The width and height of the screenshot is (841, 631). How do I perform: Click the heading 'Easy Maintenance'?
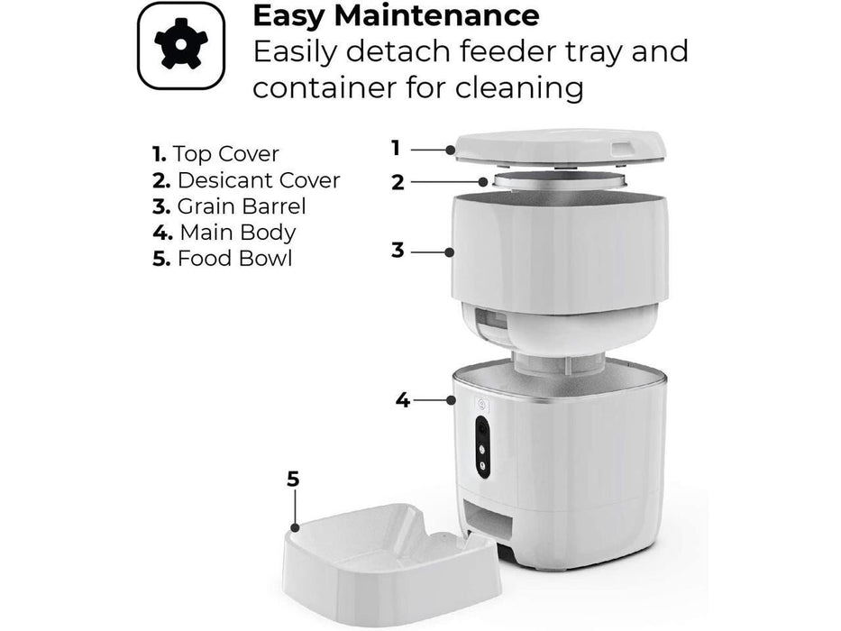(x=396, y=15)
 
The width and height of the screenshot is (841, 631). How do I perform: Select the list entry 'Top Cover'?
(x=216, y=154)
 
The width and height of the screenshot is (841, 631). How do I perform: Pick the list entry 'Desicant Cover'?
(x=246, y=180)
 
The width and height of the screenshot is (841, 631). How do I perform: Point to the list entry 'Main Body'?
(x=224, y=232)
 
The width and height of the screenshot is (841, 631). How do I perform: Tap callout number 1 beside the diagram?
(x=395, y=148)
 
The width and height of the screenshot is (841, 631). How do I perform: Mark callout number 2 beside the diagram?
(x=398, y=182)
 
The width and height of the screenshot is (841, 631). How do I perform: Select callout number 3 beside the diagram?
(x=398, y=250)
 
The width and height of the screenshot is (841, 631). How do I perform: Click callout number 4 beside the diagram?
(x=402, y=398)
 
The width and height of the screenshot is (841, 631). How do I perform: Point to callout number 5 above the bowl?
(x=293, y=478)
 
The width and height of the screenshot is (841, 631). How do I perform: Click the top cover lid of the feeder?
(x=560, y=148)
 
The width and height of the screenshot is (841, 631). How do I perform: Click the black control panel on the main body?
(x=482, y=444)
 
